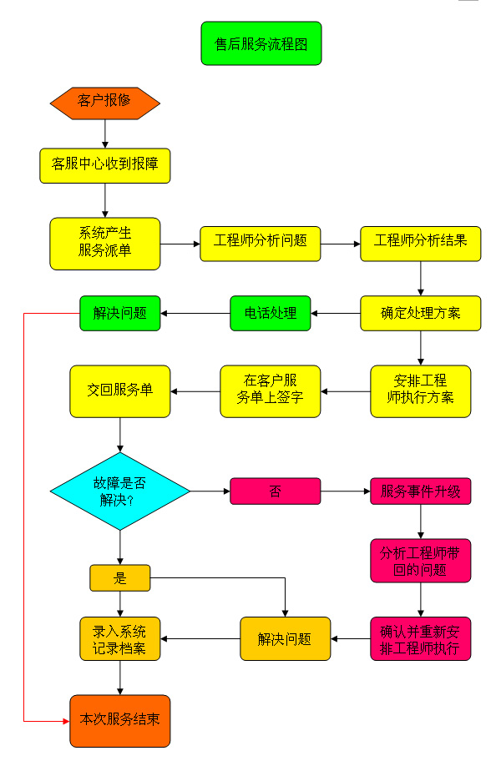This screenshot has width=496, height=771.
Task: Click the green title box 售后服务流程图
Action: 261,43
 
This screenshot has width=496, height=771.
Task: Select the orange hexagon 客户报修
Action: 104,102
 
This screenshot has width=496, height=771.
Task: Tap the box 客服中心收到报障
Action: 104,165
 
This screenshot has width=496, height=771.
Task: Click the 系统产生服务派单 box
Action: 104,243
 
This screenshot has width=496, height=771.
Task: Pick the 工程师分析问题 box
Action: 260,243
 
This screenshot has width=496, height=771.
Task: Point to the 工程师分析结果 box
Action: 420,243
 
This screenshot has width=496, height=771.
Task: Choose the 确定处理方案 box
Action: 420,314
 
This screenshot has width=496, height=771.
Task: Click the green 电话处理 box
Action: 270,314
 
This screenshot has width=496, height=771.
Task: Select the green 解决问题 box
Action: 119,314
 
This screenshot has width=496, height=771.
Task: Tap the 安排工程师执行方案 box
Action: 420,391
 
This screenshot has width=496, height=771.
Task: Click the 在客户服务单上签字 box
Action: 270,391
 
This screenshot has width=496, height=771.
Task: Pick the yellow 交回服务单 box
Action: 119,391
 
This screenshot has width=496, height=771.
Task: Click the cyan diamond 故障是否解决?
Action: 120,491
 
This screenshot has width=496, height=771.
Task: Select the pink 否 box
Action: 275,491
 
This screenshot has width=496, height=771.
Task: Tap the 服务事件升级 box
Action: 420,491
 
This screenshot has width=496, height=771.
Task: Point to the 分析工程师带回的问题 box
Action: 420,561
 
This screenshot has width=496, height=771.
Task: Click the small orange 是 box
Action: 119,577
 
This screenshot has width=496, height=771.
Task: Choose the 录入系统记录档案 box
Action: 119,639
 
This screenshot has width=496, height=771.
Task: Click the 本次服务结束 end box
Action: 119,720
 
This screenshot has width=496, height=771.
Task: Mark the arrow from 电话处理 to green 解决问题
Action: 195,314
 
